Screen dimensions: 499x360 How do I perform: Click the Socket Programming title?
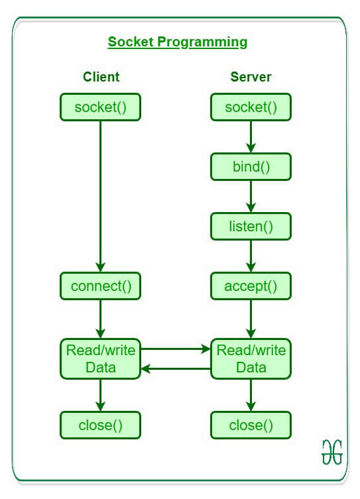coord(178,42)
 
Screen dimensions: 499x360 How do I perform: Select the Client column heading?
coord(101,77)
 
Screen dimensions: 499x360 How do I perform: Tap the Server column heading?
coord(251,77)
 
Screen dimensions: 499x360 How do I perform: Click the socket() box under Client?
coord(100,107)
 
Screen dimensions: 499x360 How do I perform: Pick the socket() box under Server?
coord(251,107)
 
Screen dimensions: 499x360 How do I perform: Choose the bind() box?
coord(251,167)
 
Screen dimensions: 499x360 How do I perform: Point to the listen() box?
coord(251,227)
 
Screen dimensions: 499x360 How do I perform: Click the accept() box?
coord(251,286)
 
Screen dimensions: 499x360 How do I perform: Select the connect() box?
coord(100,286)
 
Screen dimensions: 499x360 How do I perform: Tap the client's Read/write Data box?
coord(100,359)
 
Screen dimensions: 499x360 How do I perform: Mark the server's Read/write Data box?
coord(251,359)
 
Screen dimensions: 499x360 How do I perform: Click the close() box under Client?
coord(100,425)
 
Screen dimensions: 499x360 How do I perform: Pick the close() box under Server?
coord(251,425)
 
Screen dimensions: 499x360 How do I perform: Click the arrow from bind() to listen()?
coord(251,196)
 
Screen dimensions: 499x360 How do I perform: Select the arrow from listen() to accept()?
coord(251,256)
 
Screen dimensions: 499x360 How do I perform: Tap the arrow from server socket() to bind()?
coord(251,137)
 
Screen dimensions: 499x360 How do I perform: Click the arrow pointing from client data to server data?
coord(176,348)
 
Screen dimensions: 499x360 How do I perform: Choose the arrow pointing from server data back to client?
coord(176,369)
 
